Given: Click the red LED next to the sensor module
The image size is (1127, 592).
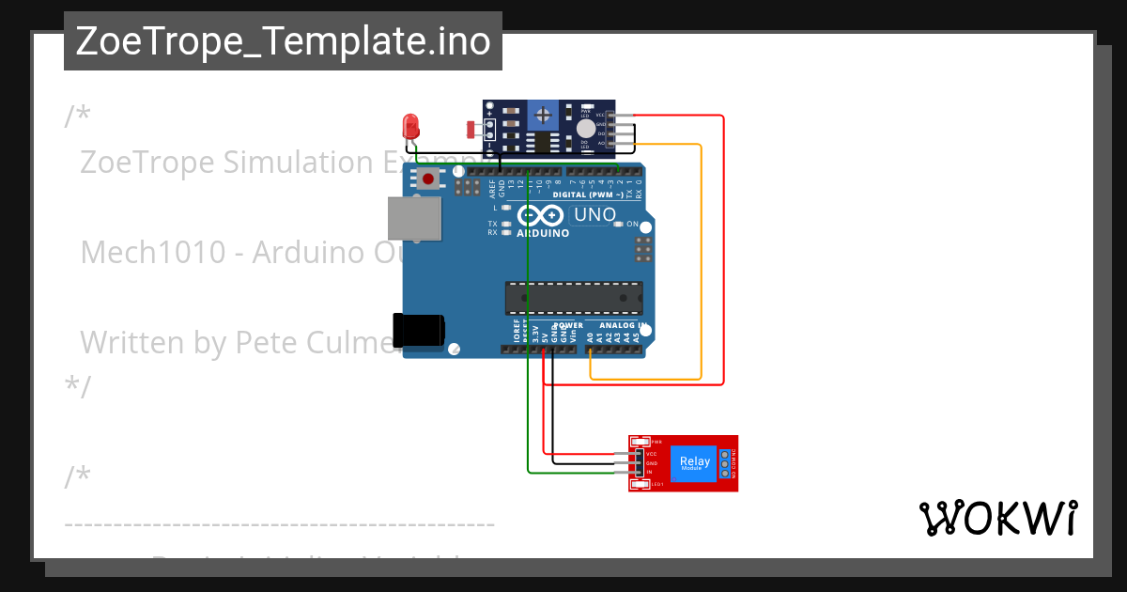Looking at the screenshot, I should click(410, 126).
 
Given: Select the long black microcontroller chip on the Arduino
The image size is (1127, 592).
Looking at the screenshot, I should click(574, 297).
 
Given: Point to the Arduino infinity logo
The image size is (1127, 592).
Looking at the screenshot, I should click(543, 216).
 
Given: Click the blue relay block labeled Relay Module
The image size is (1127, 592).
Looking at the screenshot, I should click(695, 462).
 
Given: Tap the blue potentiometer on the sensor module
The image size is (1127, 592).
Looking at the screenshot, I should click(541, 117).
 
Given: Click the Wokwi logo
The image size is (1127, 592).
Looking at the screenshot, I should click(997, 518).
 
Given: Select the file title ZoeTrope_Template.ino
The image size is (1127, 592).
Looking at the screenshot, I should click(283, 41).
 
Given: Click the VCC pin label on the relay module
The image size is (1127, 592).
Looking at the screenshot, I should click(651, 453).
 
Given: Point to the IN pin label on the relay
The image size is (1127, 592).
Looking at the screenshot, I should click(649, 472).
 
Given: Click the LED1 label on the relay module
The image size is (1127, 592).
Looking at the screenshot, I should click(658, 484).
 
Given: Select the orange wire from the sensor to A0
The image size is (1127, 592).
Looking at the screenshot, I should click(701, 263).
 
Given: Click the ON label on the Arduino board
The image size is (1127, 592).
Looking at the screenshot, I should click(632, 225).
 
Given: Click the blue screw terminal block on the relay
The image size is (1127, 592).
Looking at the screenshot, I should click(724, 462).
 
